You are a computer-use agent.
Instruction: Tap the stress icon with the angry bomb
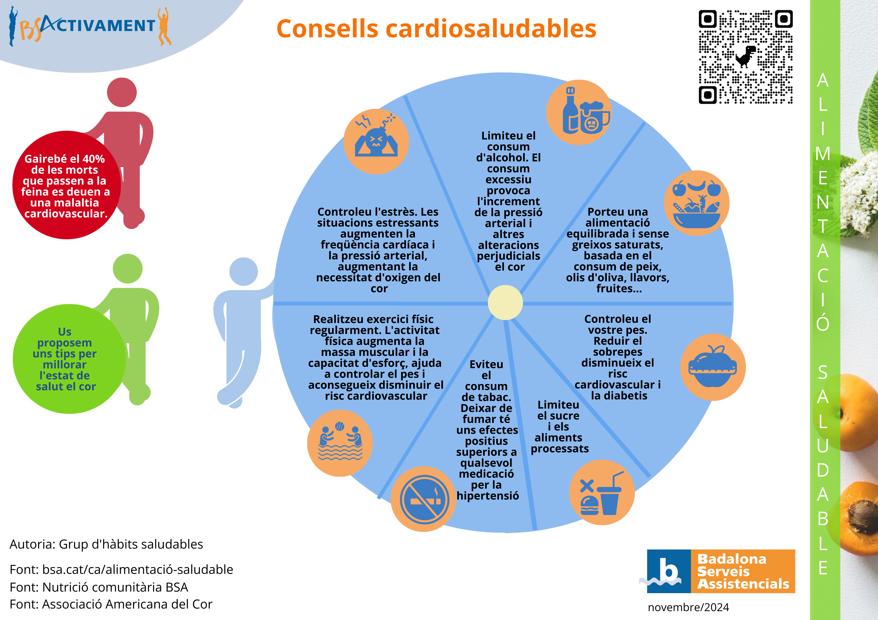click(376, 141)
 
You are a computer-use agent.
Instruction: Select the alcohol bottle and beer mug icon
click(579, 112)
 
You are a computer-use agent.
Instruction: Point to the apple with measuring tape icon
click(712, 367)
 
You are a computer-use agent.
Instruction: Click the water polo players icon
click(340, 443)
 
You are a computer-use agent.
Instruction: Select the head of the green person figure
click(128, 268)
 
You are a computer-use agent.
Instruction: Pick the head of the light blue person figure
click(244, 271)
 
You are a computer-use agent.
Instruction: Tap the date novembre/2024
click(688, 607)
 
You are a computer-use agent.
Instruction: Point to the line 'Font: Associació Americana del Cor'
click(111, 604)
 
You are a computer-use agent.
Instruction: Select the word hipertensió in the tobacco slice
click(488, 496)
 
